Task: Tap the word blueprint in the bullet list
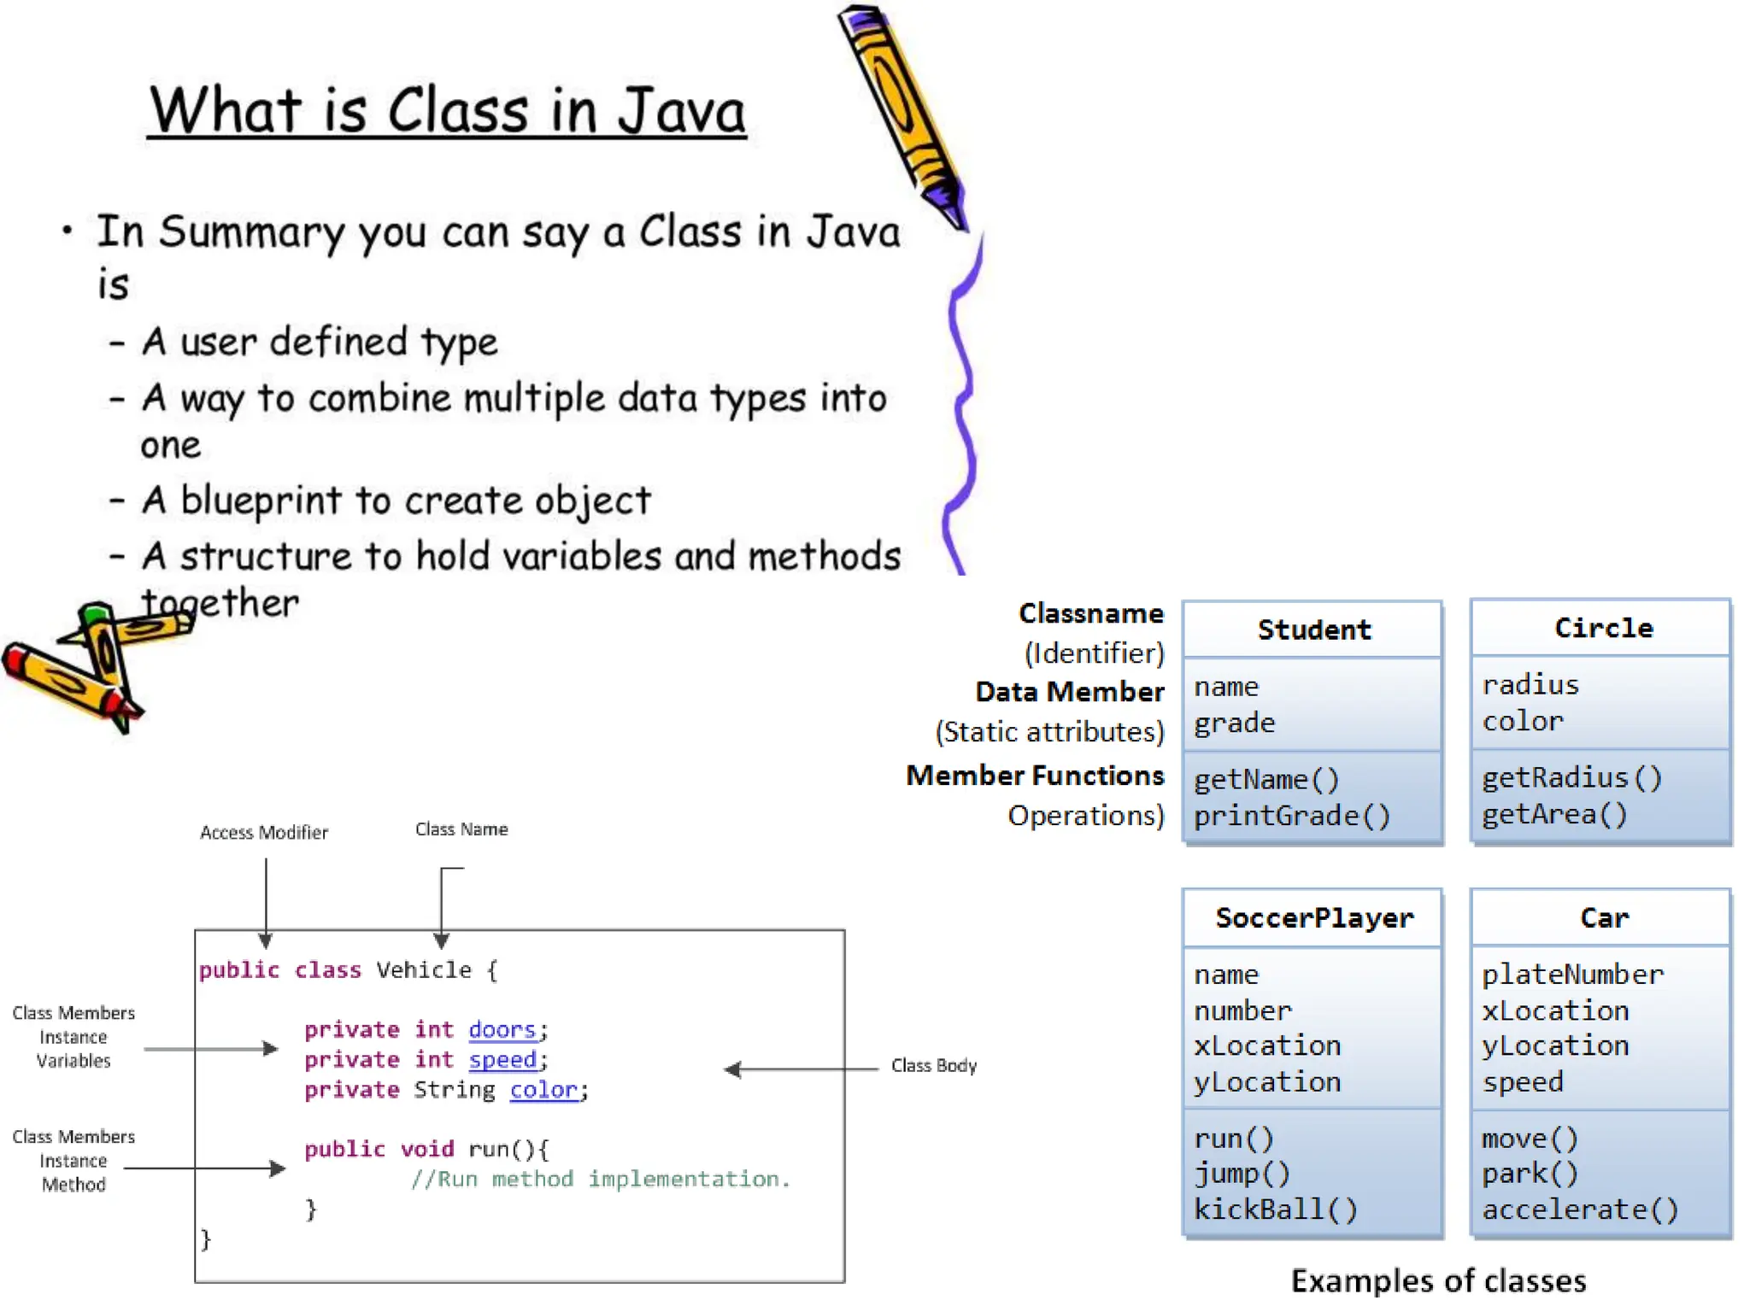tap(261, 501)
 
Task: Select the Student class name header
tap(1313, 630)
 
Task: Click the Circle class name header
tap(1603, 629)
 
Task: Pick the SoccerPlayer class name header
tap(1314, 918)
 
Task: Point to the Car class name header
tap(1604, 918)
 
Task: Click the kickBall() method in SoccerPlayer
tap(1275, 1209)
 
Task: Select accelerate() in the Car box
tap(1579, 1209)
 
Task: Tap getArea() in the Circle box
tap(1553, 814)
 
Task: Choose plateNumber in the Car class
tap(1572, 975)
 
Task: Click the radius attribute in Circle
tap(1530, 685)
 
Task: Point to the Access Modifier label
tap(263, 833)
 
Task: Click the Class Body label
tap(933, 1066)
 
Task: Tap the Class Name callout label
tap(461, 829)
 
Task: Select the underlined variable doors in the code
tap(502, 1030)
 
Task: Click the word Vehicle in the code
tap(424, 970)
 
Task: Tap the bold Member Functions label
tap(1035, 776)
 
